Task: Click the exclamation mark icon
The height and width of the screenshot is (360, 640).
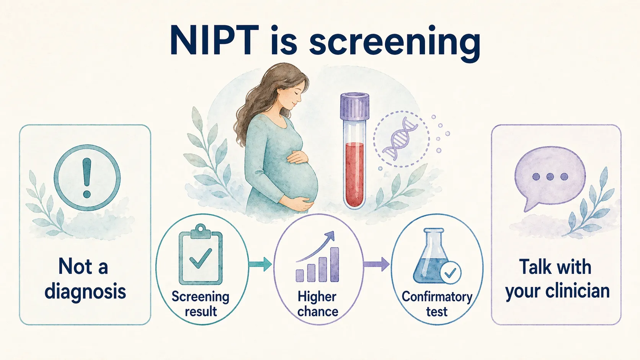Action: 87,178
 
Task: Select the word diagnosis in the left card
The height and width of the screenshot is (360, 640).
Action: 85,292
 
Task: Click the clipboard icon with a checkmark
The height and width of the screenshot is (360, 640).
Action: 201,255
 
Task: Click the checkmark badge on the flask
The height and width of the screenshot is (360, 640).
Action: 450,273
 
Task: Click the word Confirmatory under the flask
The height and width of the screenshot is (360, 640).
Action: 437,296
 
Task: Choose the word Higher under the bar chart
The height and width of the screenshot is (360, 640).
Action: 317,296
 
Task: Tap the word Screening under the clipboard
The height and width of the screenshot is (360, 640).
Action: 200,296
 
